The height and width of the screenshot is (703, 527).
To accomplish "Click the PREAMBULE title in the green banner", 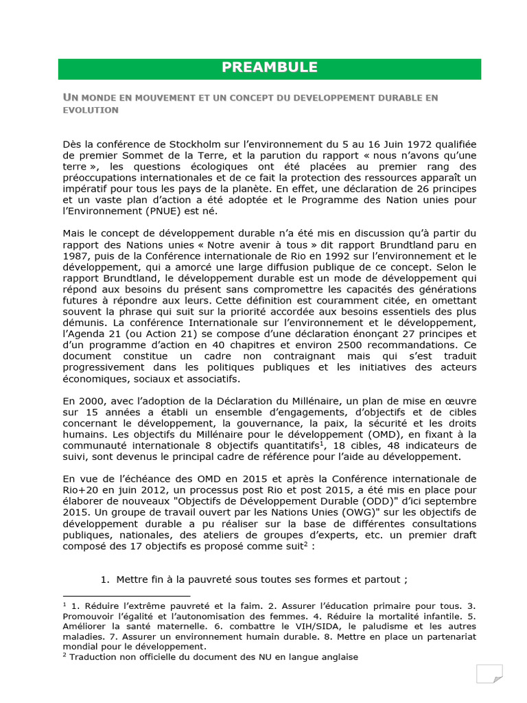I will click(x=269, y=67).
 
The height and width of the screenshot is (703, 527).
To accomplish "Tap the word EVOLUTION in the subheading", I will click(x=91, y=111).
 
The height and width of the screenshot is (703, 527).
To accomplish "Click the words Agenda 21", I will click(x=90, y=333).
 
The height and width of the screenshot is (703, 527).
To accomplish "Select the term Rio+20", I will click(x=79, y=489).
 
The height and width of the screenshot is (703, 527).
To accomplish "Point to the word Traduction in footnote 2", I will click(x=95, y=656).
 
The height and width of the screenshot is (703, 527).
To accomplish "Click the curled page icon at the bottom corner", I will click(x=490, y=673).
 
